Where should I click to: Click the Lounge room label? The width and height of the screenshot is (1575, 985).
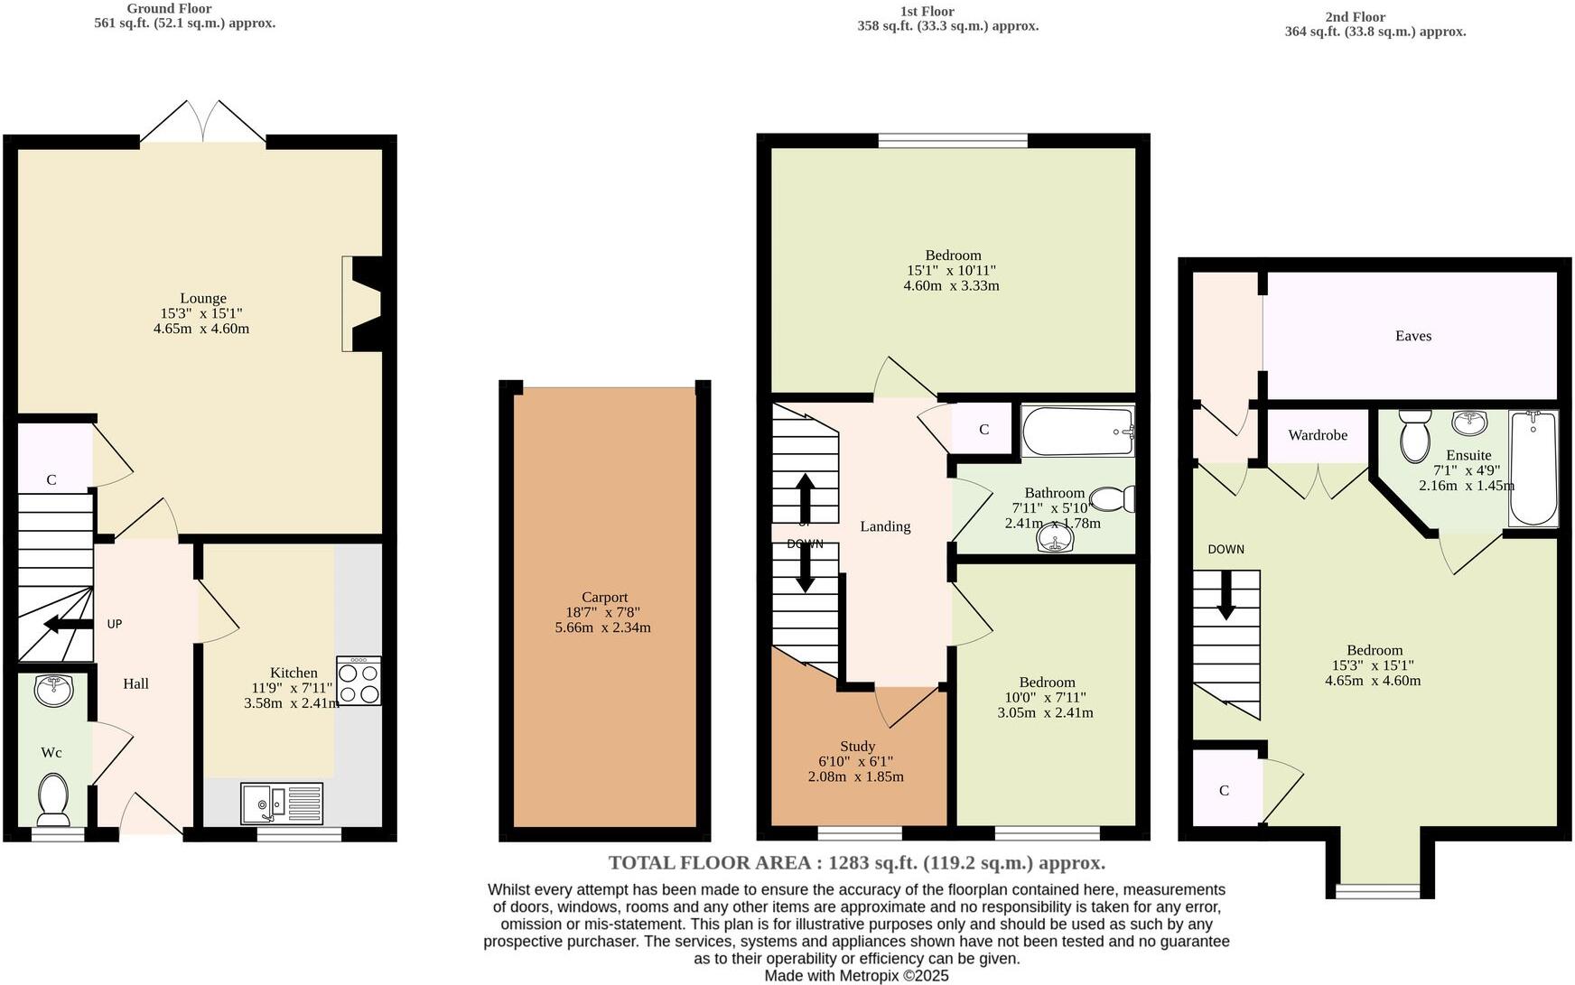202,298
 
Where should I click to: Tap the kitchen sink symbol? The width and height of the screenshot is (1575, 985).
281,803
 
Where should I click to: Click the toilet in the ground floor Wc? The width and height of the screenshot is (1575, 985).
53,798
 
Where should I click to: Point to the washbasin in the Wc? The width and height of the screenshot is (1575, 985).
53,691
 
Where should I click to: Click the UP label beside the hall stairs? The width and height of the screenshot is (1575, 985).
115,624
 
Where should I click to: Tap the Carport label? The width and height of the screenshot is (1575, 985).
604,597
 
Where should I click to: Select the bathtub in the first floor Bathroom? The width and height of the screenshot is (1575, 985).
1076,432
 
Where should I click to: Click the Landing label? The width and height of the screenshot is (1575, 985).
884,526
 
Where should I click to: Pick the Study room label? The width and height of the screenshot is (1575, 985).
857,746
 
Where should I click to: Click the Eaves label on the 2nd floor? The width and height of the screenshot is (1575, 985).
1412,336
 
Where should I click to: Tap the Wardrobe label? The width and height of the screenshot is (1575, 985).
1317,435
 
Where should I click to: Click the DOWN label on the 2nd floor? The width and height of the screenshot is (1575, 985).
1226,549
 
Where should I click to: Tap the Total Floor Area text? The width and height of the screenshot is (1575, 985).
856,862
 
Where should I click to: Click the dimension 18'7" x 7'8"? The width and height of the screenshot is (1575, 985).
603,612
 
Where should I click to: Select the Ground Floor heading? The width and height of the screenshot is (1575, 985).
169,8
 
